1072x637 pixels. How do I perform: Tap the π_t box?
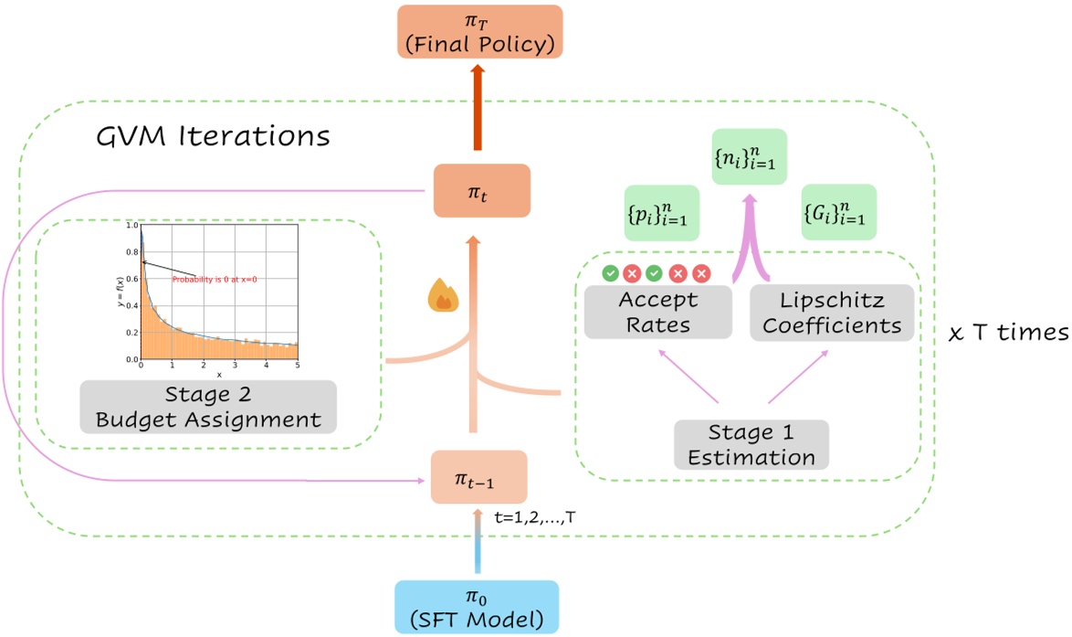point(481,190)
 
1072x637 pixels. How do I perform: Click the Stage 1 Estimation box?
point(751,444)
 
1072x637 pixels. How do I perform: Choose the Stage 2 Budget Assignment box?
point(208,407)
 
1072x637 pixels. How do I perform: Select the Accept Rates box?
point(657,312)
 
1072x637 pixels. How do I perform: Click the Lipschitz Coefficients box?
point(831,312)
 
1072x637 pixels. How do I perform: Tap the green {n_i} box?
point(748,157)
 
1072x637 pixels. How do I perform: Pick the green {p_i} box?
point(661,213)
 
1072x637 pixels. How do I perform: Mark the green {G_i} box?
point(838,212)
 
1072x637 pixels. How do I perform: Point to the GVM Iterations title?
point(213,136)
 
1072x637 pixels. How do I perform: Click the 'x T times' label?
point(1008,334)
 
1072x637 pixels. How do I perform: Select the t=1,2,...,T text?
point(533,517)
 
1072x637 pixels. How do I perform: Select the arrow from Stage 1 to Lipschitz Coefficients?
point(796,376)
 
